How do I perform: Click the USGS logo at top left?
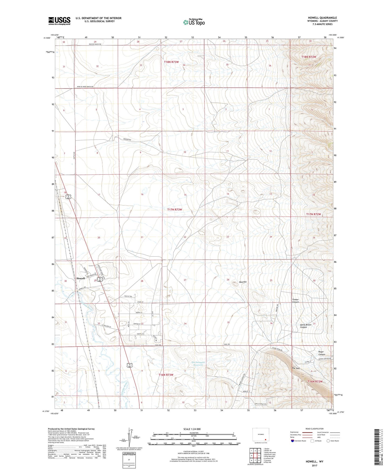tap(59, 21)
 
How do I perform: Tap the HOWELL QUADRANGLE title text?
tap(322, 18)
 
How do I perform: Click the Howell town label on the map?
tap(80, 278)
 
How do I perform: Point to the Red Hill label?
tap(243, 282)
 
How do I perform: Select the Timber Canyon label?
tap(296, 301)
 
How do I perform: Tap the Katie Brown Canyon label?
tap(306, 326)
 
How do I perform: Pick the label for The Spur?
tap(296, 368)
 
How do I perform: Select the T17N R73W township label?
tap(175, 209)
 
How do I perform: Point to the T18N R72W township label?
tap(308, 57)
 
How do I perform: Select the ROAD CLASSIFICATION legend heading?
tap(314, 429)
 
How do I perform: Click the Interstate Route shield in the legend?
tap(293, 441)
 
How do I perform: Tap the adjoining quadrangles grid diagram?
tap(255, 456)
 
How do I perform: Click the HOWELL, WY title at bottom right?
tap(314, 461)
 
